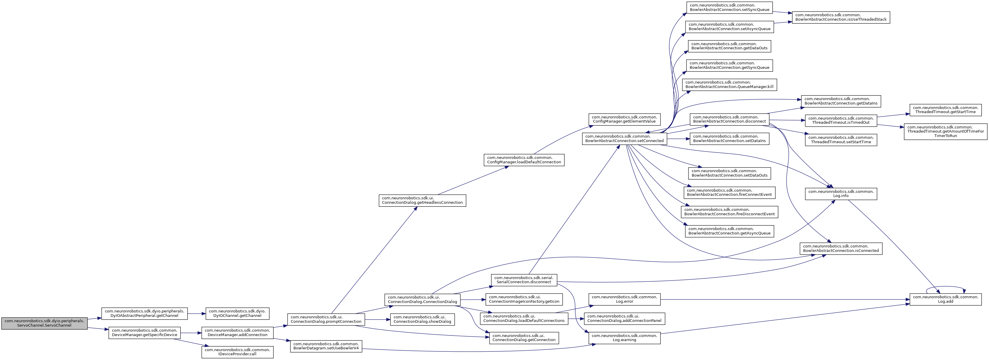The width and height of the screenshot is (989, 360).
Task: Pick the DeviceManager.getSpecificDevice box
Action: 144,332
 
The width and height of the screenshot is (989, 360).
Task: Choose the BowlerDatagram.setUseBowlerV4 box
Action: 326,346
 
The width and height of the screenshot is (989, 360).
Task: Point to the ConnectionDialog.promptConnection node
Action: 326,319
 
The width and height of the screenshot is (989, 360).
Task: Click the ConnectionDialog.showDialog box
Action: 422,319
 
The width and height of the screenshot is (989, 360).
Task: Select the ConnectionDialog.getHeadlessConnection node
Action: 422,200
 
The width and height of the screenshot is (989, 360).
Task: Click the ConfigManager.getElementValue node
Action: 624,119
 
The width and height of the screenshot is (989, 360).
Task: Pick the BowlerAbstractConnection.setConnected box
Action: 624,139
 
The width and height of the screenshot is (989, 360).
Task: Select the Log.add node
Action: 946,299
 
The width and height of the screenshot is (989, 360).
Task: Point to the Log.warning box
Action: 625,338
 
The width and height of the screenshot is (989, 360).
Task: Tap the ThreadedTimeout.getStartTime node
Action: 946,110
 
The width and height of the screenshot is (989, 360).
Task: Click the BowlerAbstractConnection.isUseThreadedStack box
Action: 841,17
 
